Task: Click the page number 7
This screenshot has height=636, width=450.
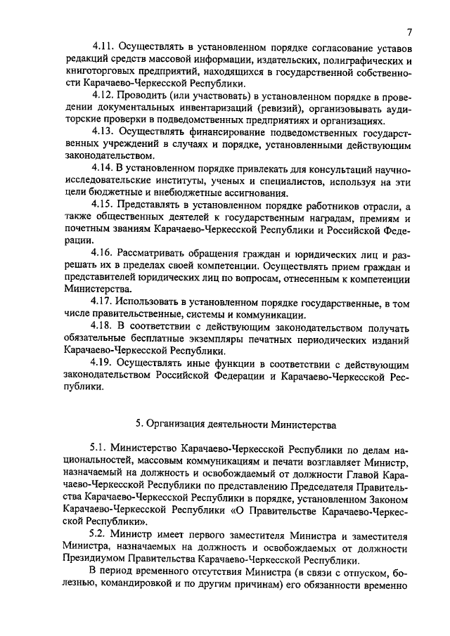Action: [x=408, y=32]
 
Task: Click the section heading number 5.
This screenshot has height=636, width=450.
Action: [x=139, y=424]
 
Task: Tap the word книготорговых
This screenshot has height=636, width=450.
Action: [x=96, y=71]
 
